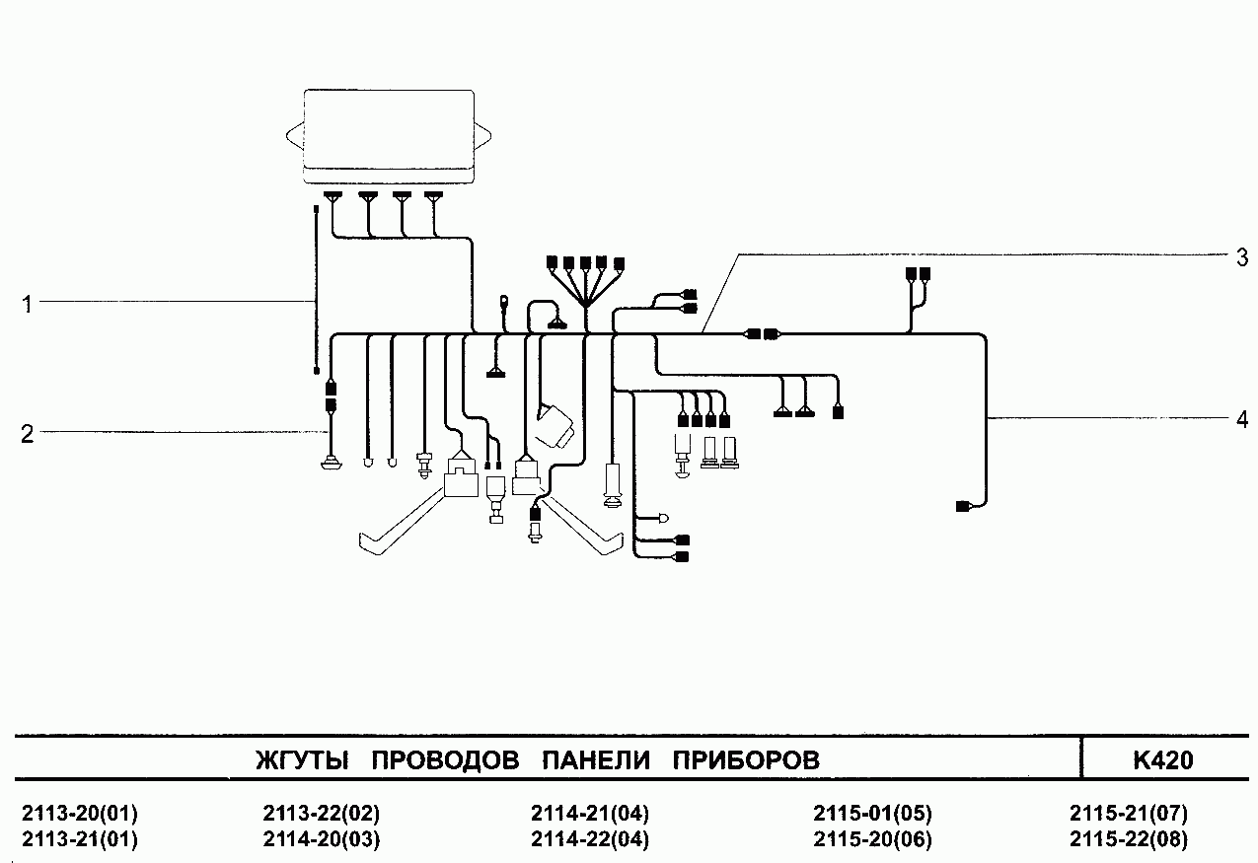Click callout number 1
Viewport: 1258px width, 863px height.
click(x=28, y=305)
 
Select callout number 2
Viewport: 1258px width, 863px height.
click(x=28, y=433)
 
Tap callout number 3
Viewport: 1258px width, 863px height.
click(x=1242, y=258)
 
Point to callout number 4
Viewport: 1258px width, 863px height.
click(x=1242, y=419)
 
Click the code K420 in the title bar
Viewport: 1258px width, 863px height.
click(x=1163, y=760)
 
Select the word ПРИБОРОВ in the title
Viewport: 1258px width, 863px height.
click(x=746, y=760)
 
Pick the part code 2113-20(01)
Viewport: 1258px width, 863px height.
click(x=80, y=815)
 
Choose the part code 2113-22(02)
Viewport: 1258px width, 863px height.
click(x=322, y=815)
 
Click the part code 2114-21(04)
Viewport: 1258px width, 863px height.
click(x=590, y=815)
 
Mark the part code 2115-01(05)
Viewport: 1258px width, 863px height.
click(x=872, y=815)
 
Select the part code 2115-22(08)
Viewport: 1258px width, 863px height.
click(x=1128, y=840)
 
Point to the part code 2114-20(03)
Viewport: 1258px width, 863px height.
click(x=322, y=840)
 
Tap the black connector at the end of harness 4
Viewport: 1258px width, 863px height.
click(x=962, y=507)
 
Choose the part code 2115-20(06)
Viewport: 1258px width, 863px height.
click(x=872, y=840)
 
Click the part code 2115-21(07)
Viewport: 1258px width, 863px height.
click(x=1128, y=815)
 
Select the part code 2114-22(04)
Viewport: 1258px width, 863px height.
click(x=590, y=840)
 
